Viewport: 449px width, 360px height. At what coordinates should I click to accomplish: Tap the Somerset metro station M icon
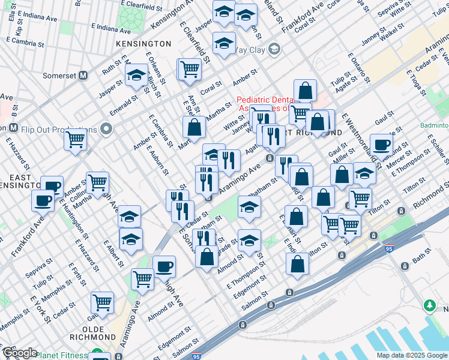83,76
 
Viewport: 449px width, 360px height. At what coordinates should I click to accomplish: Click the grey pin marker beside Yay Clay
274,49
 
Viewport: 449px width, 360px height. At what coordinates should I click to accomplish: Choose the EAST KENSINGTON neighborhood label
20,181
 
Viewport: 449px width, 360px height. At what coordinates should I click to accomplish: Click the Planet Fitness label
62,355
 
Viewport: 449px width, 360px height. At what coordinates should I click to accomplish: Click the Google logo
19,353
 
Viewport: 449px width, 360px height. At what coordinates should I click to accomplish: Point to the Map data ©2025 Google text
411,355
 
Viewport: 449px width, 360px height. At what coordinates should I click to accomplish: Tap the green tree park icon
430,306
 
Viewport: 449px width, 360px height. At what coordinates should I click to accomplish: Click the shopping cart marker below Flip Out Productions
76,139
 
